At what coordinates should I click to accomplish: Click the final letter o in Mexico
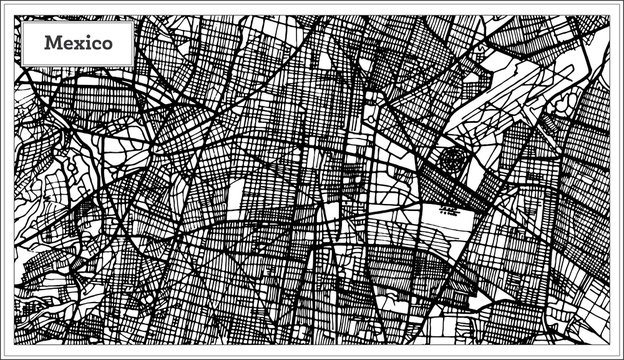coord(119,44)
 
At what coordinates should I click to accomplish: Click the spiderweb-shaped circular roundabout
coord(453,160)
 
